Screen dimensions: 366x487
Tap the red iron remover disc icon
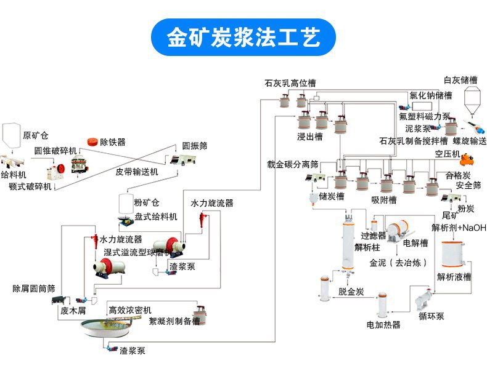[94, 141]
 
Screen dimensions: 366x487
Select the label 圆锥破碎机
[56, 151]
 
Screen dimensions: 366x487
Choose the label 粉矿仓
[147, 202]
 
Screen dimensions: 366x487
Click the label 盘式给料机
[156, 217]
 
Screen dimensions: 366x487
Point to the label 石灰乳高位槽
[290, 82]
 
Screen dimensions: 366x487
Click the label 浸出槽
[309, 137]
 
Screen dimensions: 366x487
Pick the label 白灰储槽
[460, 80]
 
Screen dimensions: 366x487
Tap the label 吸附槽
[383, 200]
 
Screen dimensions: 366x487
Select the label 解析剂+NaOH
[459, 228]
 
